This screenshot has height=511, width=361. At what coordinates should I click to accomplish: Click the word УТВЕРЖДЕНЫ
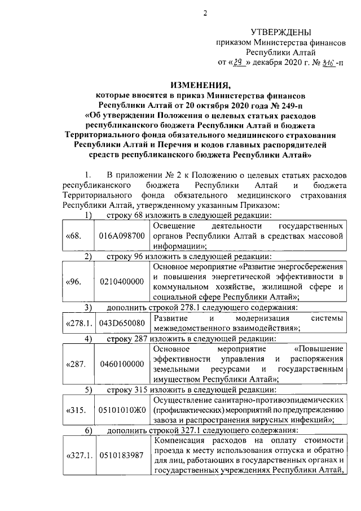point(280,33)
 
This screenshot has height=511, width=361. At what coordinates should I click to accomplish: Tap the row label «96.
point(73,281)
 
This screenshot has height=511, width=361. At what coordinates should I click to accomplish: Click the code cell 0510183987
point(121,455)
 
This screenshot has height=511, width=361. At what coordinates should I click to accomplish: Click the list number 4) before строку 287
point(88,339)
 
